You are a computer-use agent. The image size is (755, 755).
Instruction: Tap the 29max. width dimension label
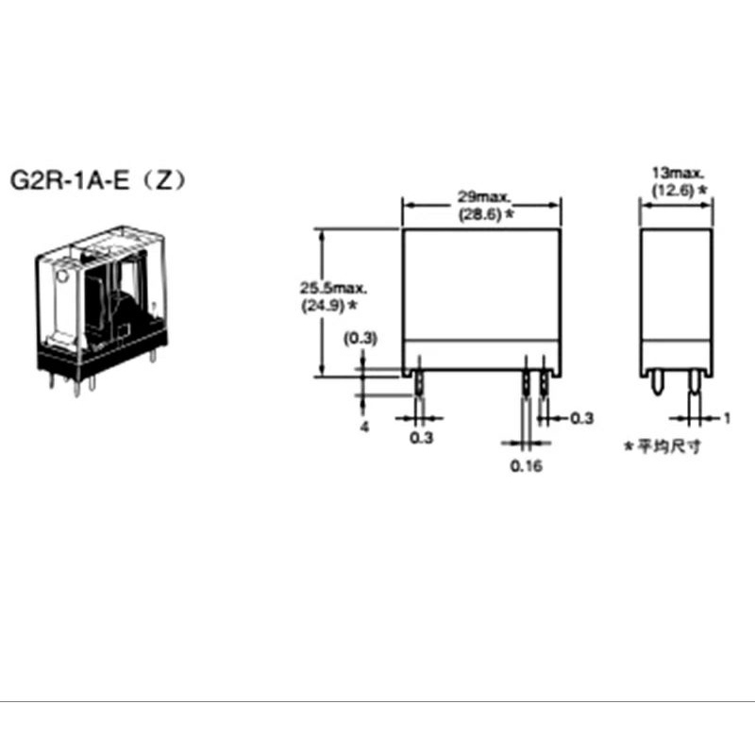coord(483,196)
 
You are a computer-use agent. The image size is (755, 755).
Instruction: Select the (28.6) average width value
coord(479,214)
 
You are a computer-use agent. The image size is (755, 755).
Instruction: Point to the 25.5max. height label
coord(333,289)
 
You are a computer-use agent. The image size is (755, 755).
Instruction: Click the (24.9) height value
coord(323,305)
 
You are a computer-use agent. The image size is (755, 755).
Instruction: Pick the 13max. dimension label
coord(678,173)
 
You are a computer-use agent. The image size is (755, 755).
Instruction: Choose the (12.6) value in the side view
coord(673,191)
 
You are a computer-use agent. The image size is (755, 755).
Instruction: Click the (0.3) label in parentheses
coord(361,339)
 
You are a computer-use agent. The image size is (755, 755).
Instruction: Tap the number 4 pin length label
coord(365,428)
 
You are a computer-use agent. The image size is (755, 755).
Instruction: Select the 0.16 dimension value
coord(527,466)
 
